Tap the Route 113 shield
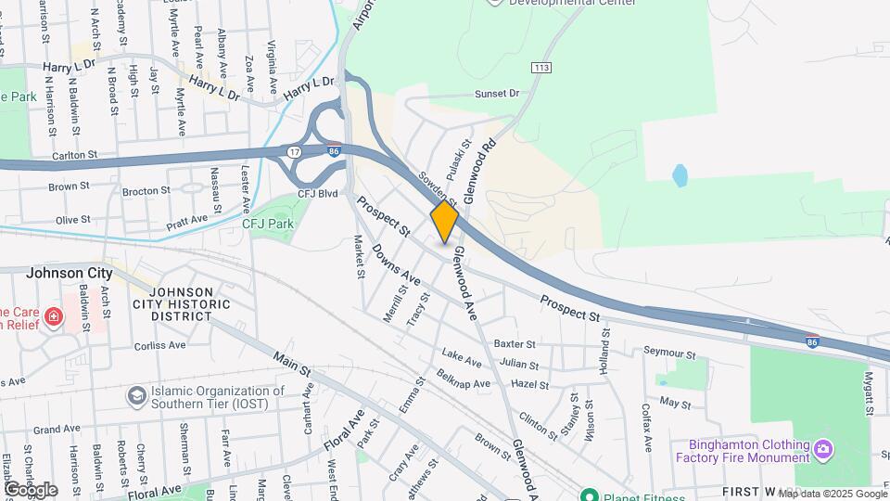541,68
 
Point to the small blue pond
680,174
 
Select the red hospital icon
54,317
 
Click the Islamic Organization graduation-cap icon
137,396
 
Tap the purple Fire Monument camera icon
822,450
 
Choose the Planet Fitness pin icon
588,494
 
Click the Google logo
30,489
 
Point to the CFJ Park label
267,224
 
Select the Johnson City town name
69,273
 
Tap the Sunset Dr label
497,94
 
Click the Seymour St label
669,353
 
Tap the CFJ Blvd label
317,194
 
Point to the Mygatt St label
870,393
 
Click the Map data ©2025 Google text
833,494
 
